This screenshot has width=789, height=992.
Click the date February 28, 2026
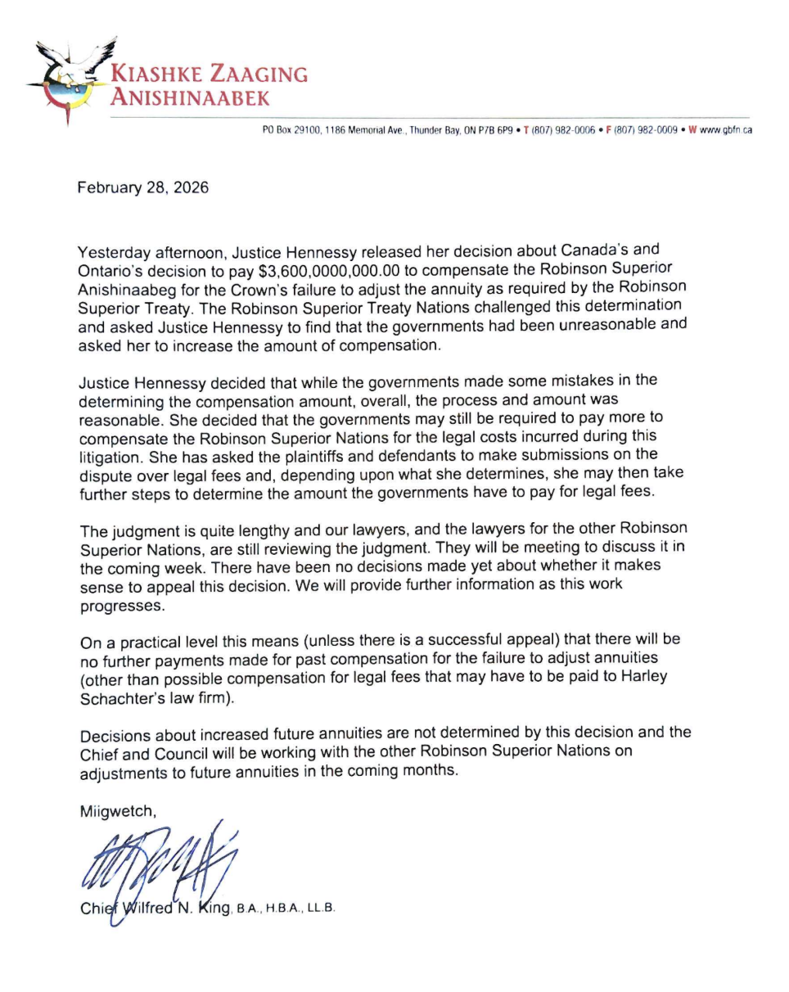tap(142, 188)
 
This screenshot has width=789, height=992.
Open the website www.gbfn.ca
tap(724, 130)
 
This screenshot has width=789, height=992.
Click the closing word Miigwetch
tap(113, 813)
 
